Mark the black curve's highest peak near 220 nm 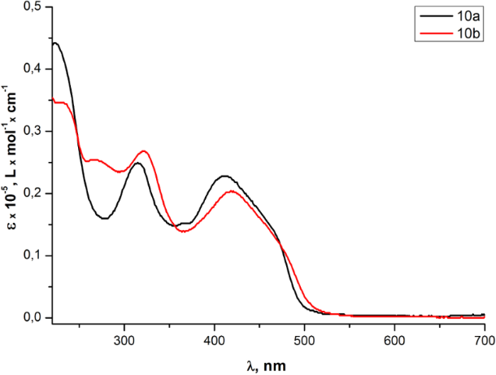tap(54, 43)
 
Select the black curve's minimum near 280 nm tap(105, 218)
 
